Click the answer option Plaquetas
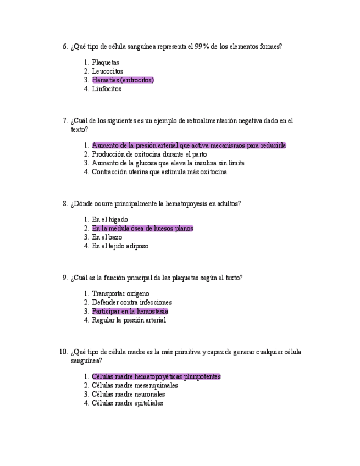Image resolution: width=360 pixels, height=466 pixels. (x=106, y=63)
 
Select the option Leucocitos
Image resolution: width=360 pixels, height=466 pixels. (x=108, y=71)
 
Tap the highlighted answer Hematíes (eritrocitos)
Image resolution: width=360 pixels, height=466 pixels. (x=123, y=80)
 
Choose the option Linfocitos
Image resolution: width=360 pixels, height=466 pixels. (x=107, y=89)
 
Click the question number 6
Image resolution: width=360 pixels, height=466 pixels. (x=65, y=47)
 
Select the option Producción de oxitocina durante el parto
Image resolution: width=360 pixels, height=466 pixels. (x=149, y=154)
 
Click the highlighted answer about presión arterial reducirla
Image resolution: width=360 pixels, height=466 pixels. (x=189, y=146)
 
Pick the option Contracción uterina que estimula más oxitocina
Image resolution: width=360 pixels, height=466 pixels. (x=159, y=172)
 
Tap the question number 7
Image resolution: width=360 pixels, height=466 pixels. (x=65, y=120)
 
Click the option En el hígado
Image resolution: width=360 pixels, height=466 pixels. (x=110, y=220)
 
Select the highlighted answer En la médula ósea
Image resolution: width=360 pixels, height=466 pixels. (x=143, y=229)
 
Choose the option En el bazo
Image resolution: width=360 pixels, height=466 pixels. (x=107, y=237)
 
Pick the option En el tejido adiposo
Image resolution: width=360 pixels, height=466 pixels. (x=120, y=246)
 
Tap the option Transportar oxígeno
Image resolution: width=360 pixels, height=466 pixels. (x=120, y=294)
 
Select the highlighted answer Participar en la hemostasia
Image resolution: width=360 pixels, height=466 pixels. (x=130, y=312)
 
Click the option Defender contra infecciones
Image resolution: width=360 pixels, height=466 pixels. (x=132, y=303)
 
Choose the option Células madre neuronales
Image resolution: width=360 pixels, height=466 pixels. (x=129, y=395)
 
